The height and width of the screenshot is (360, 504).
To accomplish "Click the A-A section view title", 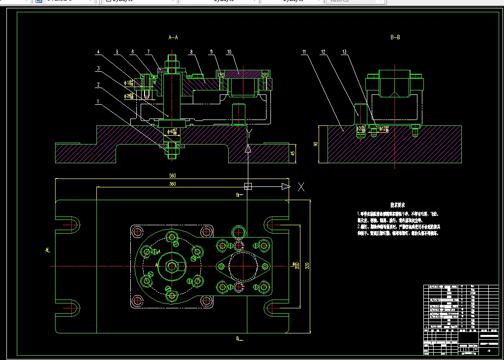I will [173, 37].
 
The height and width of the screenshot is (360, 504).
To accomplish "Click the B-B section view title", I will [394, 37].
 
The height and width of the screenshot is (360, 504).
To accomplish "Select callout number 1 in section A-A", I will [98, 101].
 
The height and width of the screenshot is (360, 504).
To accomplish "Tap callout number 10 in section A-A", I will [229, 52].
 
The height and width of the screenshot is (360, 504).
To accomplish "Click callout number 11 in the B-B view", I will [304, 52].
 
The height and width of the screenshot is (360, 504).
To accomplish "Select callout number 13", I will [344, 52].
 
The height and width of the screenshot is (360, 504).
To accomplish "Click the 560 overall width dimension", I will [173, 175].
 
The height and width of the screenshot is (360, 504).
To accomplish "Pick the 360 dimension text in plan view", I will [173, 184].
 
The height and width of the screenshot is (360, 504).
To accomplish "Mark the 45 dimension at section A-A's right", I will [293, 153].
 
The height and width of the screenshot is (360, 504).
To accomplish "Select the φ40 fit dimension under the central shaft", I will [173, 131].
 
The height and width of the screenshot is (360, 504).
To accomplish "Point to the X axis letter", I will [301, 186].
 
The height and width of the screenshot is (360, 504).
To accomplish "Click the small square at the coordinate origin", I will [248, 186].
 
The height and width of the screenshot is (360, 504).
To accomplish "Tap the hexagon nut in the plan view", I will [171, 266].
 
